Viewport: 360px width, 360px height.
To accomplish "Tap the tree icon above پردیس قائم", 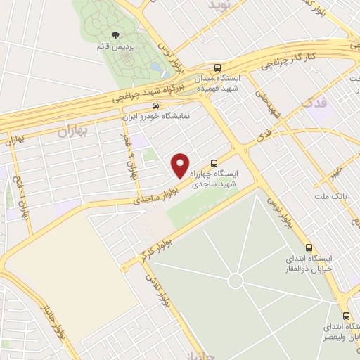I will click(x=115, y=34).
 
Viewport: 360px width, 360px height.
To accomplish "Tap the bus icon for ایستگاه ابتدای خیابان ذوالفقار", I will click(x=309, y=247).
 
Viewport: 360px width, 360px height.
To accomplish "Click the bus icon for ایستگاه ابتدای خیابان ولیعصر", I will click(x=346, y=315).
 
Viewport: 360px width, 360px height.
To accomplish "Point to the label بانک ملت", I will click(x=329, y=194).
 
